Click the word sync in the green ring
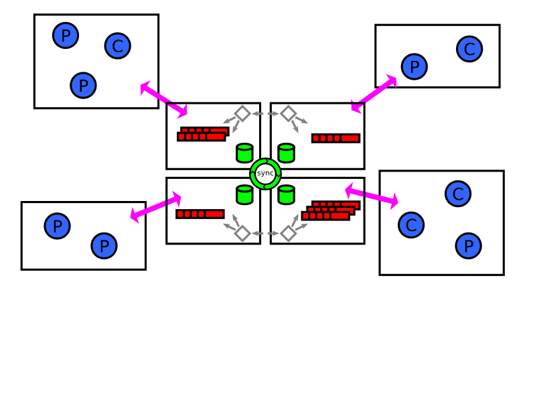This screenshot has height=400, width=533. point(265,173)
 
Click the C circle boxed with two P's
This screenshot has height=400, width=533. point(118,46)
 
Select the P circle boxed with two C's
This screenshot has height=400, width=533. point(469,246)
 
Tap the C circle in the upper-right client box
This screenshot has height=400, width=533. point(469,49)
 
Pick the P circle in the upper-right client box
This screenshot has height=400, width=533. point(414,67)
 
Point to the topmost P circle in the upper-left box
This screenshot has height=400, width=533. point(66,36)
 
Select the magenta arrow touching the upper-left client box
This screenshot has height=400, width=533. point(164,100)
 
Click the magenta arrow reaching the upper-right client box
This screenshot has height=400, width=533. point(374,94)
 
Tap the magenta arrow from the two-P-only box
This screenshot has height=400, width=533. point(156,207)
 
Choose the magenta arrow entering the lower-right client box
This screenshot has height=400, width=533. point(372,196)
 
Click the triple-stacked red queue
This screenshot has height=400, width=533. point(331,210)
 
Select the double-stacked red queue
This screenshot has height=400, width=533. point(204,134)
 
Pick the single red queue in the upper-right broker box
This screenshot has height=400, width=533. point(336,138)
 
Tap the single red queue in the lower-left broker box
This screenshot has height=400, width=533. point(200,214)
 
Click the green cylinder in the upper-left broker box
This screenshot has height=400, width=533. point(244,153)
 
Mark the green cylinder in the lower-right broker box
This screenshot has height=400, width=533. point(286,195)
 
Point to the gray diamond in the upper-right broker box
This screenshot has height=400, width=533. point(289,114)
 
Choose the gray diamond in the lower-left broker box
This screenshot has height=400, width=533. point(242,234)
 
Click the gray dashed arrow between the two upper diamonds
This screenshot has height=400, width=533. point(265,114)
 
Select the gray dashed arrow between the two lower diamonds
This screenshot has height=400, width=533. point(265,234)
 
